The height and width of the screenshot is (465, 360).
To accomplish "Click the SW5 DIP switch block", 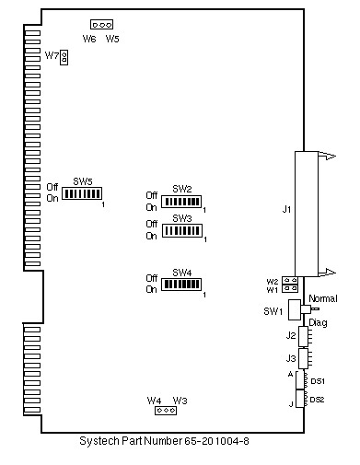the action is pyautogui.click(x=82, y=193).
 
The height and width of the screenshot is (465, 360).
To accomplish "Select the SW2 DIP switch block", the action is pyautogui.click(x=181, y=202).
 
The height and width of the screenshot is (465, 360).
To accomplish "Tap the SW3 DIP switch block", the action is pyautogui.click(x=182, y=230).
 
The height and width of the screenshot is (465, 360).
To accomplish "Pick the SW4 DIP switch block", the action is pyautogui.click(x=181, y=285).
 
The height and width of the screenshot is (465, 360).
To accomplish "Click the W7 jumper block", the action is pyautogui.click(x=64, y=57).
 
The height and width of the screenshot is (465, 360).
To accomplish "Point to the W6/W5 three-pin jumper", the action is pyautogui.click(x=101, y=24).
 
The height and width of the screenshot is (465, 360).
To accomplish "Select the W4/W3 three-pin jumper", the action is pyautogui.click(x=166, y=410).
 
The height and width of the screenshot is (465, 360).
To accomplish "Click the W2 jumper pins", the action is pyautogui.click(x=290, y=280).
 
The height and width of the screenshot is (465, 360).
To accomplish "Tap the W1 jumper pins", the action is pyautogui.click(x=290, y=288).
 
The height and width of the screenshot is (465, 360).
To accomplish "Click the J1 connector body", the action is pyautogui.click(x=307, y=214).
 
